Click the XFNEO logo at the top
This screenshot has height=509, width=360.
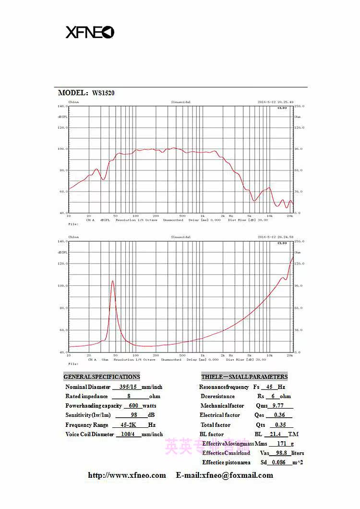click(90, 32)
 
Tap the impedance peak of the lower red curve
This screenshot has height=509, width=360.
click(113, 281)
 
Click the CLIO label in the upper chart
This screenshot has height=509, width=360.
click(282, 108)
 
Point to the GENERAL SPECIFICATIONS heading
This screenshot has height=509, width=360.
click(102, 377)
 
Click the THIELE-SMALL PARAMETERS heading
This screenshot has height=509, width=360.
click(244, 377)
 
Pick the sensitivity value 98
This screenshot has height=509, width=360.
click(134, 415)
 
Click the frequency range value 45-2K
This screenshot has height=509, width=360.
click(130, 425)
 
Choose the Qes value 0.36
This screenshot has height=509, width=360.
click(279, 415)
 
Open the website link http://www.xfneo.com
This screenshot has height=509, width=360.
click(127, 475)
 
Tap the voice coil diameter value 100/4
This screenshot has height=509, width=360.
click(128, 434)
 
